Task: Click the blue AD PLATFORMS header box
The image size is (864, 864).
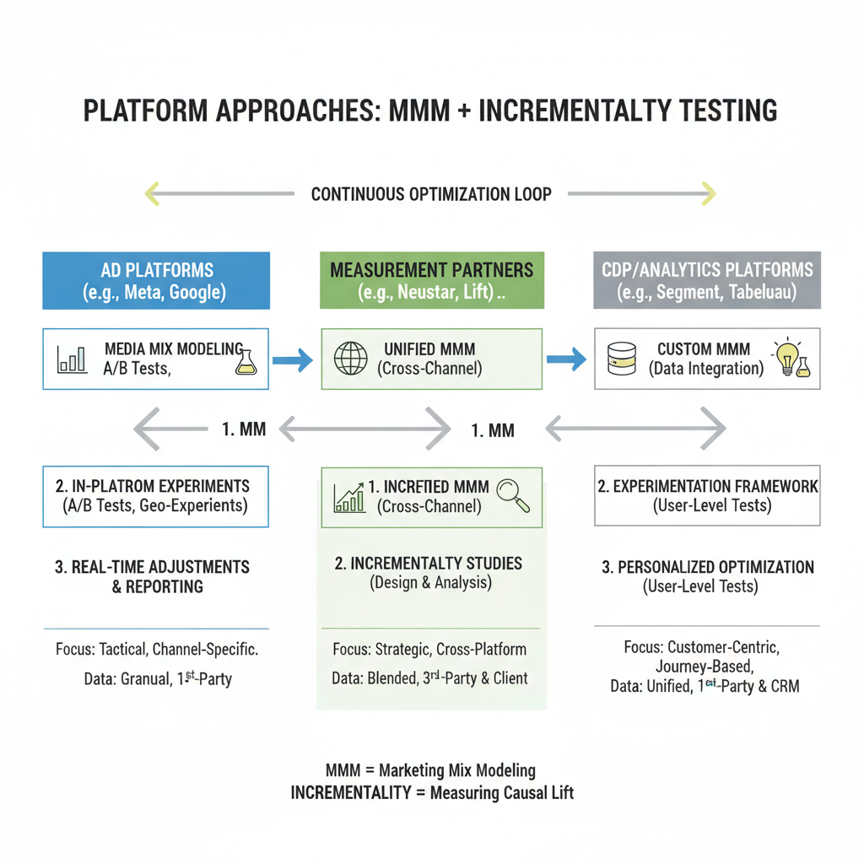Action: tap(156, 281)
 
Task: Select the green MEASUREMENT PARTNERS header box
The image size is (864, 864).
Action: tap(431, 281)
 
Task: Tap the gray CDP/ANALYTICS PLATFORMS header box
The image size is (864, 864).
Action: tap(707, 281)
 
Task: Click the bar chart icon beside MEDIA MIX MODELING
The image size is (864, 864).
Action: tap(72, 359)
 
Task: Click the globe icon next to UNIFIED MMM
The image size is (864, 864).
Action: tap(351, 359)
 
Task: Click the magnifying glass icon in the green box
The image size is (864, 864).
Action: tap(513, 495)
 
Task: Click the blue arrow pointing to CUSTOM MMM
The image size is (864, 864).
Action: tap(566, 360)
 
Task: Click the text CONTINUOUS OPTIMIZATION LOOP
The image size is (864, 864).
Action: tap(431, 194)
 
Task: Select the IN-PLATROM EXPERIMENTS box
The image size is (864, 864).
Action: tap(156, 496)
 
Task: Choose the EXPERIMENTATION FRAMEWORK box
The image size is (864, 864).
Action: tap(707, 496)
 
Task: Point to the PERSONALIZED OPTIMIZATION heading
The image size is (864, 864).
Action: tap(707, 567)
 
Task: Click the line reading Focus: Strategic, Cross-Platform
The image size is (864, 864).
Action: tap(429, 650)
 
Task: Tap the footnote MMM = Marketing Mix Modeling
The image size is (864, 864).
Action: tap(430, 770)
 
